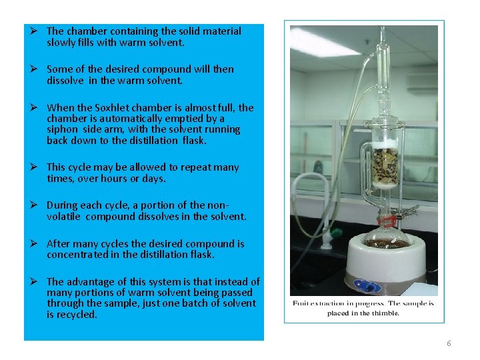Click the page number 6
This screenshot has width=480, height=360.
[449, 343]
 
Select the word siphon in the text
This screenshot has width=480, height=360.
[61, 129]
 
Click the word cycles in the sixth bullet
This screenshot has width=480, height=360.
[124, 244]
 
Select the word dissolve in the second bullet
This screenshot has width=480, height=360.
[65, 81]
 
